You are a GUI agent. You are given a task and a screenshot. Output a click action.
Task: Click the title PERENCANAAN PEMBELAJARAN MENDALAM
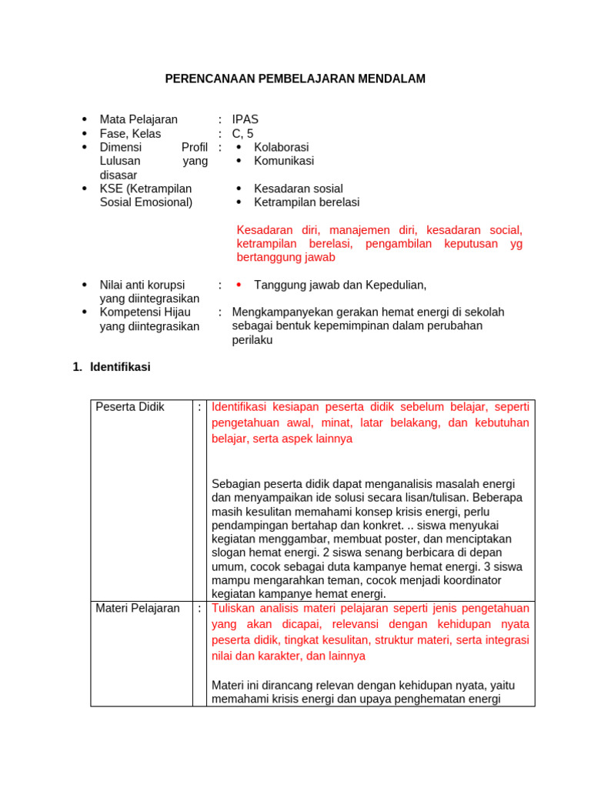tap(295, 79)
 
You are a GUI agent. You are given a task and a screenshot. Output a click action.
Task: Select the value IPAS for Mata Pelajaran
tap(245, 119)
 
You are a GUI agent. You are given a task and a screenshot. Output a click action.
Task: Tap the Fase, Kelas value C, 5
tap(242, 133)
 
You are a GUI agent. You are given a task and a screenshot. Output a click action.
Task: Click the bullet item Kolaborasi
tap(281, 147)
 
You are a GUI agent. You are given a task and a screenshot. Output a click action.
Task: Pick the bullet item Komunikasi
tap(283, 161)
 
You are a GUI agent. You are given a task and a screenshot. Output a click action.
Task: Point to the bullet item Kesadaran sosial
tap(298, 189)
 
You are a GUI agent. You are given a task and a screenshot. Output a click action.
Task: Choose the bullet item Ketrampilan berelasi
tap(306, 202)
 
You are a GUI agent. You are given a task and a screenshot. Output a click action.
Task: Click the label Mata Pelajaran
tap(139, 119)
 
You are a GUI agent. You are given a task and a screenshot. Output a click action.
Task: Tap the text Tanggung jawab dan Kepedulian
tap(339, 285)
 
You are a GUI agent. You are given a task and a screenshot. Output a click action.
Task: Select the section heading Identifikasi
tap(120, 367)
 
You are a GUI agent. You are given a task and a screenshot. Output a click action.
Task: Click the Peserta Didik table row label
tap(130, 407)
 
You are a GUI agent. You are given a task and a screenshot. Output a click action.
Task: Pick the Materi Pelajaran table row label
tap(138, 608)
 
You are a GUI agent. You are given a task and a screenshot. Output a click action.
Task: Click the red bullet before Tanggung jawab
tap(239, 285)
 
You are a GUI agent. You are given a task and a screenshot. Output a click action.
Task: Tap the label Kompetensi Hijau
tap(145, 312)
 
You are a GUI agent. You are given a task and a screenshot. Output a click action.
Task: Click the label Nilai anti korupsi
tap(142, 285)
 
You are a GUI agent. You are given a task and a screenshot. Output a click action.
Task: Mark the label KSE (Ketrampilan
tap(145, 189)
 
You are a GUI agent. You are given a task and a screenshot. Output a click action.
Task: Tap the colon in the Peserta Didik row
tap(199, 407)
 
